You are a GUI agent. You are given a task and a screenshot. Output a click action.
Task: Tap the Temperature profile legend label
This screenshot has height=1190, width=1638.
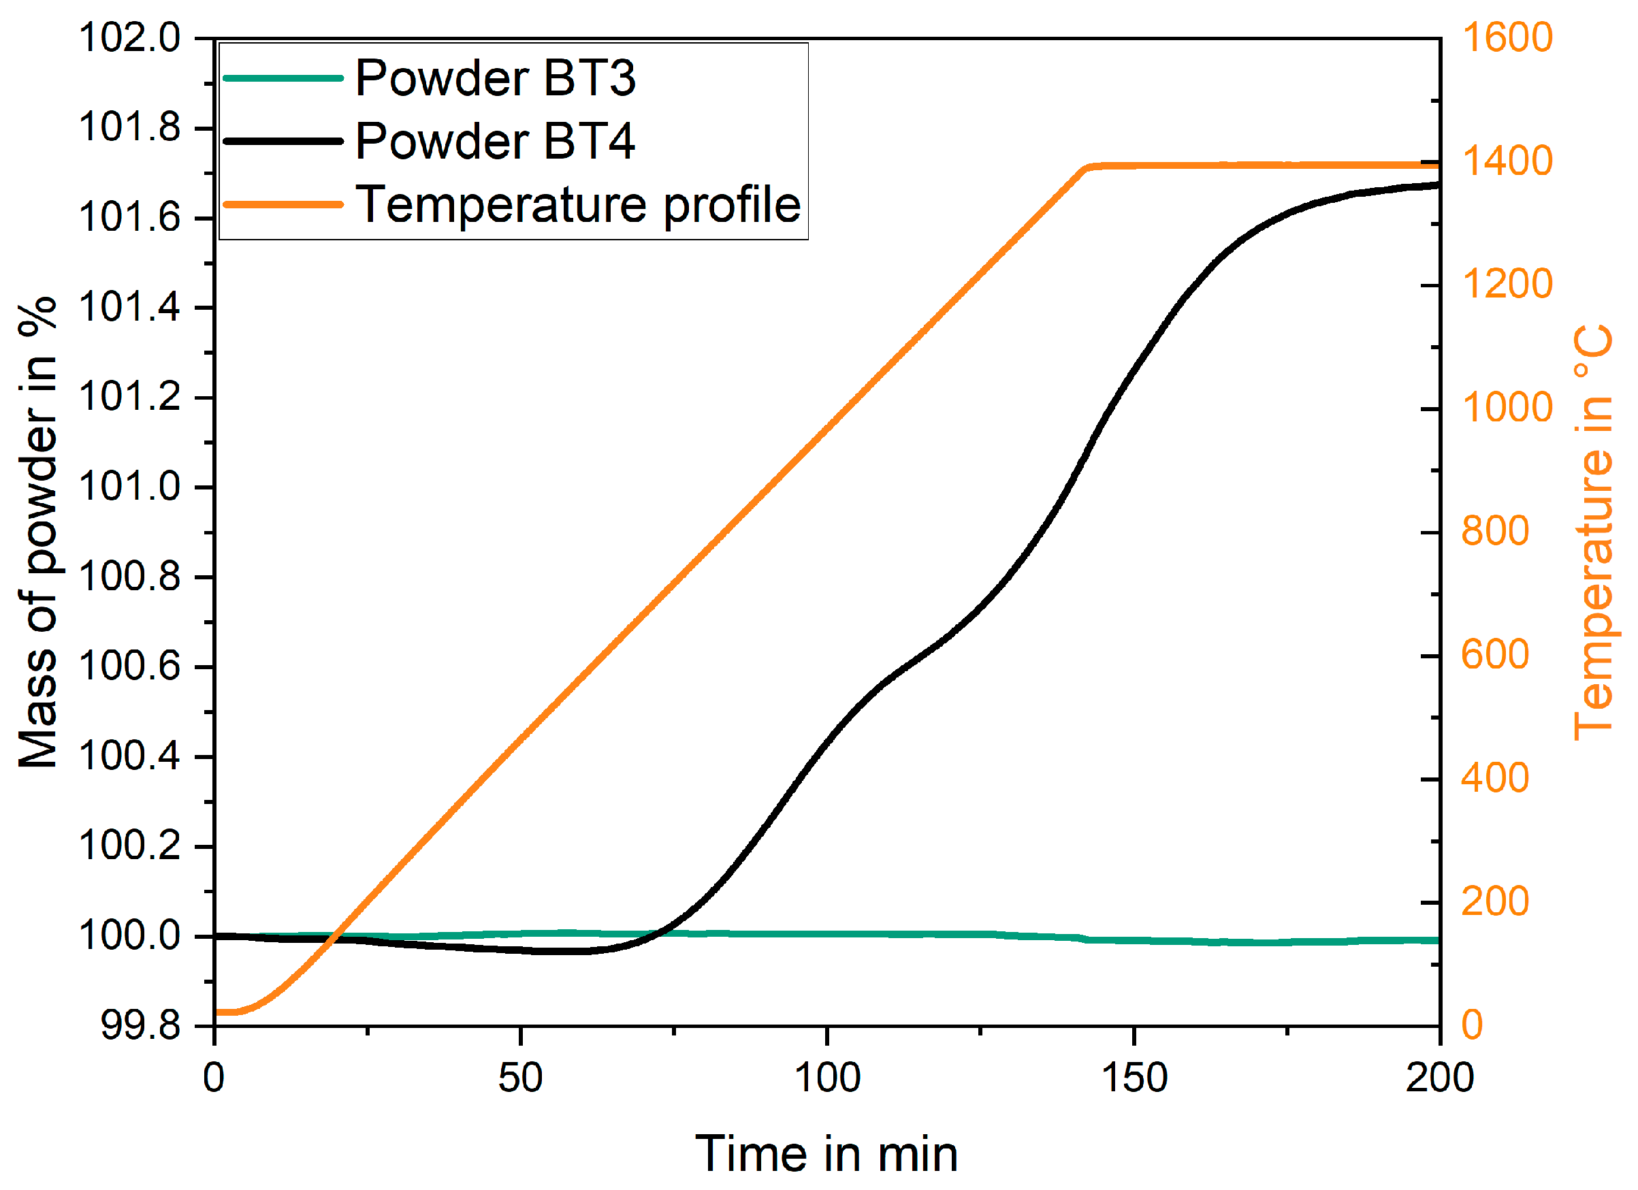point(579,204)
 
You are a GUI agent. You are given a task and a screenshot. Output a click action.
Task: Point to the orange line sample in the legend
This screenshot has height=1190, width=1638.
point(283,204)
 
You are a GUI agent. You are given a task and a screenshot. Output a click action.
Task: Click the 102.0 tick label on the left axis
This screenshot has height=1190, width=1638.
point(130,37)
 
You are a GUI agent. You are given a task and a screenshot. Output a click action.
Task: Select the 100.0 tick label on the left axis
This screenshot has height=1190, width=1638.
point(130,936)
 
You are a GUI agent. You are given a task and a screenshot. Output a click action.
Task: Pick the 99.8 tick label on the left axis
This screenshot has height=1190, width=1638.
point(140,1025)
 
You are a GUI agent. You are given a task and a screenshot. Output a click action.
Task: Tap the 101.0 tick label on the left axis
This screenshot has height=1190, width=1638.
point(130,487)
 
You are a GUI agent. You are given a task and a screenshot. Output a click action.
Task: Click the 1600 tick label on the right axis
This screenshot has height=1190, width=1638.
point(1507,37)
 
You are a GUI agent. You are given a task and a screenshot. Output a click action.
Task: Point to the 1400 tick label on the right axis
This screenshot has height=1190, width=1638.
point(1507,161)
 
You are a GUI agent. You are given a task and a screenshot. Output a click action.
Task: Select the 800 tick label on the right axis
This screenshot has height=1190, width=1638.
point(1495,532)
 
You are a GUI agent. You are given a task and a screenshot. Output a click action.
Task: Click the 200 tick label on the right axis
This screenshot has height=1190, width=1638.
point(1495,902)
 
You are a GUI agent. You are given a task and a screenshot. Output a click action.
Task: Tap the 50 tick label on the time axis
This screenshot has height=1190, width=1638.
point(520,1078)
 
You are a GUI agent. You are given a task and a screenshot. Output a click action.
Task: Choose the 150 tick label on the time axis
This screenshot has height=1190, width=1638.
point(1134,1078)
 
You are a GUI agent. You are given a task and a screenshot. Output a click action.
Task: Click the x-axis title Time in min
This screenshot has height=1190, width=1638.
point(826,1154)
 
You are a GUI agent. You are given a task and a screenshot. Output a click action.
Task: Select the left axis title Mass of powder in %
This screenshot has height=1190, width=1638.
point(37,532)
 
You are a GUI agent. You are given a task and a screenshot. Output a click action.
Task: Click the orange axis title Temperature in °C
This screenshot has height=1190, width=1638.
point(1593,532)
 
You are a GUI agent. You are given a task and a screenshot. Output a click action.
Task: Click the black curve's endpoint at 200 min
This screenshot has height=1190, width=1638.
point(1437,186)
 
